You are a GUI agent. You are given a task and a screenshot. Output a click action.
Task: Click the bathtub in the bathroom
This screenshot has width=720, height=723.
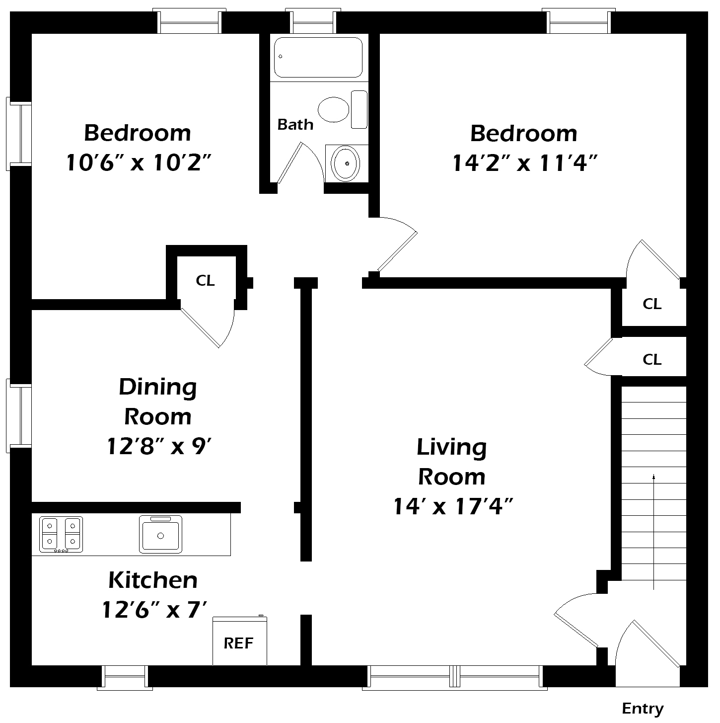(318, 57)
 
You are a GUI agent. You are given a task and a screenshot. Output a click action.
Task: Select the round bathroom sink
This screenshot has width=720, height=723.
(346, 163)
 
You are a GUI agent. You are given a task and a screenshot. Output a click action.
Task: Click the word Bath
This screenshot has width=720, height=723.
(295, 124)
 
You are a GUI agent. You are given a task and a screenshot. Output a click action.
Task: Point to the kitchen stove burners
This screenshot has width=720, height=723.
(61, 534)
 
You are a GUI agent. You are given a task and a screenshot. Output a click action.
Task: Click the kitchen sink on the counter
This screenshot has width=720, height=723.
(160, 534)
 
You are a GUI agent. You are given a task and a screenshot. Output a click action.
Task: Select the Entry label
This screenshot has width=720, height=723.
(643, 708)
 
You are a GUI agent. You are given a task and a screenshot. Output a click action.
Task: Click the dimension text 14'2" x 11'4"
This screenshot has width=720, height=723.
(524, 163)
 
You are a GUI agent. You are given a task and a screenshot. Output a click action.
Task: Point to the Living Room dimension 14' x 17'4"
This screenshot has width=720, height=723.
(452, 507)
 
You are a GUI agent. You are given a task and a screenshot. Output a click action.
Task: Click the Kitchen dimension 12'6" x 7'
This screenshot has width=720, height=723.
(153, 610)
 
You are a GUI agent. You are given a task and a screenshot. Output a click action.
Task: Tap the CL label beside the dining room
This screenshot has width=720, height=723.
(205, 281)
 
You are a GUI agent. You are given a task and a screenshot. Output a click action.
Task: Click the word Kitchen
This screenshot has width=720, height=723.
(153, 580)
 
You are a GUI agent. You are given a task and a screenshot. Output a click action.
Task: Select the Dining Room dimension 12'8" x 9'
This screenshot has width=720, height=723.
(159, 446)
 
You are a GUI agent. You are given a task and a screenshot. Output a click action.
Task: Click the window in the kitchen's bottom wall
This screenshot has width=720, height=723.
(125, 677)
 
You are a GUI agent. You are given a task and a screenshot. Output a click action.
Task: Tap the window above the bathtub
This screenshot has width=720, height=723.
(313, 21)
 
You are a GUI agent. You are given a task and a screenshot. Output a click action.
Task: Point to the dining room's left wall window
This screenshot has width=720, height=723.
(19, 415)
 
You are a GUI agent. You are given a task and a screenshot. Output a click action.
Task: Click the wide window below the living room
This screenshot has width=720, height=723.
(454, 677)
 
